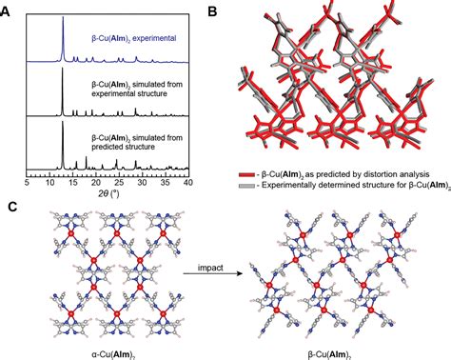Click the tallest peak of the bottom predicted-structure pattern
62,124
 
